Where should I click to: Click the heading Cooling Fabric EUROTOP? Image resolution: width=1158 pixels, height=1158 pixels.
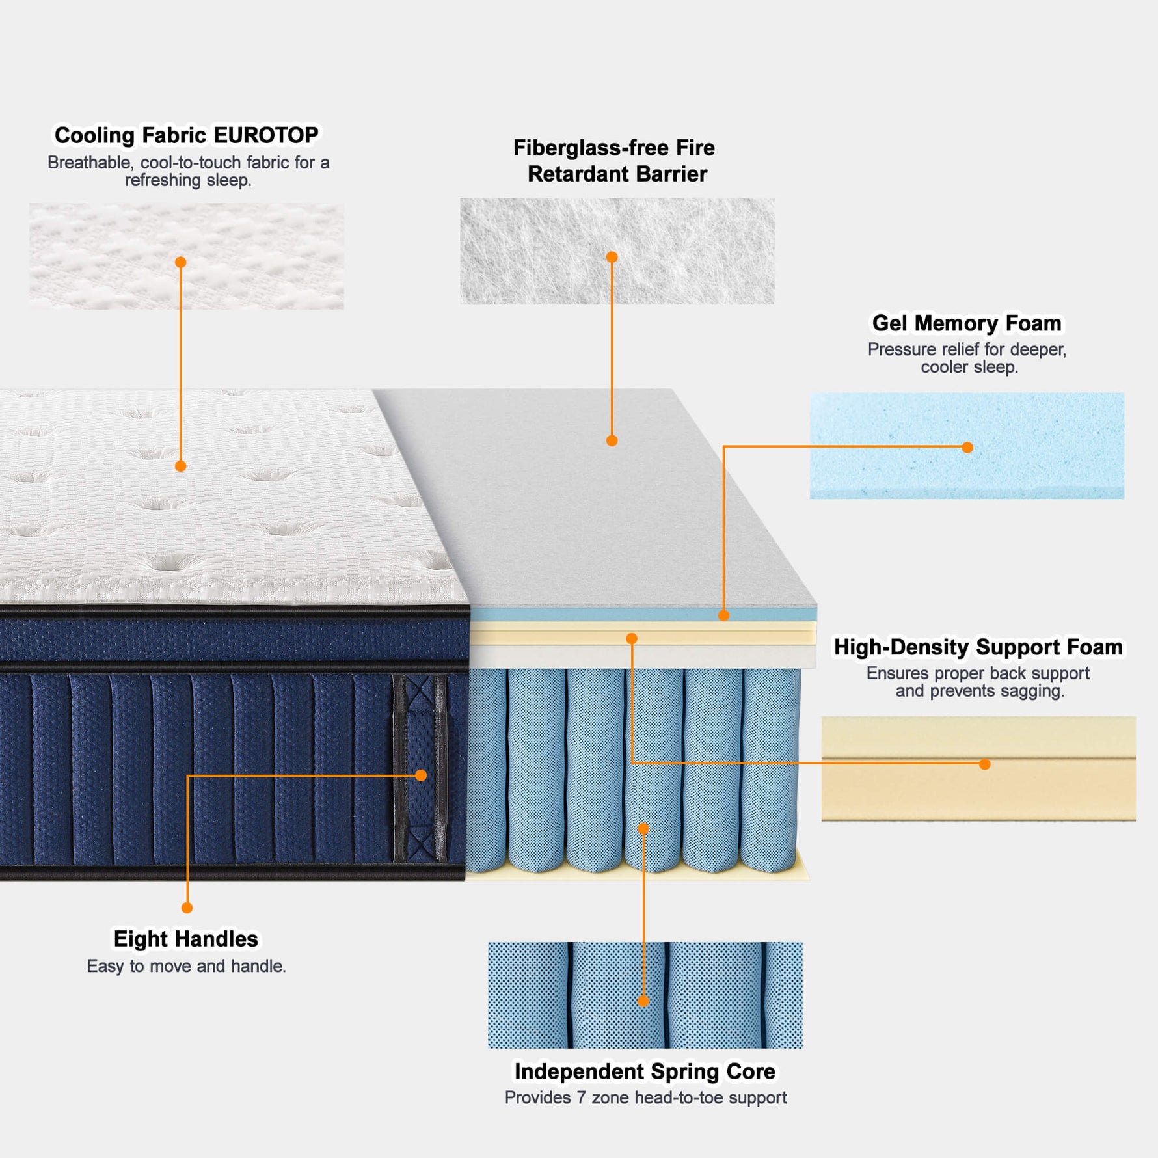tap(186, 135)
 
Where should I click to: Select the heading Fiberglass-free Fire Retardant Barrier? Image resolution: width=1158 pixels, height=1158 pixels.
tap(615, 161)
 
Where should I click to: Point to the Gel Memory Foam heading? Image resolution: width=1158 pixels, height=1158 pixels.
tap(966, 323)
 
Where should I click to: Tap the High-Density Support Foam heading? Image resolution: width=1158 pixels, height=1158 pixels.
tap(978, 647)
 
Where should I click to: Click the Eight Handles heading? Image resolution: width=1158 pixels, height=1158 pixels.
tap(186, 939)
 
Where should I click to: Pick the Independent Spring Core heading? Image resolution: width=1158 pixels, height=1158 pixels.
tap(645, 1071)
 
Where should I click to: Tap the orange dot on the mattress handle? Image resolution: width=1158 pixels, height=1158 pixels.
tap(421, 775)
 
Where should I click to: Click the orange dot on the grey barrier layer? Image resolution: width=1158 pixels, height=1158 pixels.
tap(612, 440)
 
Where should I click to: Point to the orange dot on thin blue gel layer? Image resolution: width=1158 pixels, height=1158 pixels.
tap(723, 615)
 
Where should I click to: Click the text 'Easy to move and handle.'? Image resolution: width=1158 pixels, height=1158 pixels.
tap(186, 966)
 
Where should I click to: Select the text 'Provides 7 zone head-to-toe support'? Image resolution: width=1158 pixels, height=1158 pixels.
tap(645, 1098)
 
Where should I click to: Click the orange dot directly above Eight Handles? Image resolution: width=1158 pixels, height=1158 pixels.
tap(187, 908)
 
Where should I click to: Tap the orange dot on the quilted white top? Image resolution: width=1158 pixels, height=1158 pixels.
tap(181, 466)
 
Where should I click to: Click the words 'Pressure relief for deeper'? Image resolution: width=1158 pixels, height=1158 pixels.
tap(967, 349)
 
